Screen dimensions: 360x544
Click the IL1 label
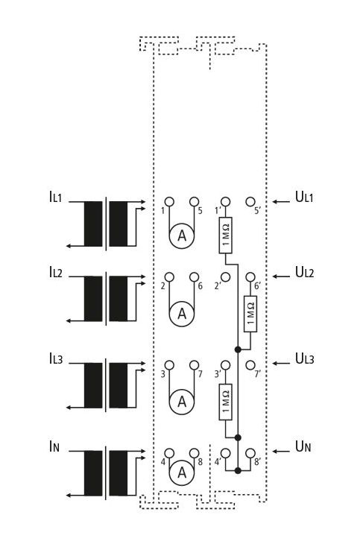click(56, 197)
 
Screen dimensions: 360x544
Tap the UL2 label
click(304, 272)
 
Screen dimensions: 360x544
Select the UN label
click(303, 446)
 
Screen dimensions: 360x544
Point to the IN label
click(54, 446)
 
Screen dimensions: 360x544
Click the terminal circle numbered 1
click(169, 201)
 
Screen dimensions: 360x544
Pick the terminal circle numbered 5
click(194, 201)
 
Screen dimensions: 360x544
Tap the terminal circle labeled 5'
click(250, 201)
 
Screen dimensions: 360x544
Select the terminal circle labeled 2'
click(225, 277)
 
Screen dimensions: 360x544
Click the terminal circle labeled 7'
click(250, 365)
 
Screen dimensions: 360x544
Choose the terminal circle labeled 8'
click(250, 453)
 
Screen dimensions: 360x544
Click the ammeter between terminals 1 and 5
click(182, 236)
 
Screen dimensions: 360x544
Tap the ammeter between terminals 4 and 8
click(182, 472)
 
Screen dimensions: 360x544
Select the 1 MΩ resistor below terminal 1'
click(225, 235)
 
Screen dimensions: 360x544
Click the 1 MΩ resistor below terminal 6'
click(250, 314)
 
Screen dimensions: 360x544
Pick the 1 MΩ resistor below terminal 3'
click(225, 402)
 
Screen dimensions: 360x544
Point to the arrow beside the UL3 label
click(281, 363)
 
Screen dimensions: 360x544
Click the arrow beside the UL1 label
click(281, 201)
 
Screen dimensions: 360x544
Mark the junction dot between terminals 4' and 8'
click(238, 470)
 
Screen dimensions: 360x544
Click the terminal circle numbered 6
click(194, 277)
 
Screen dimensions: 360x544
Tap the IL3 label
click(56, 358)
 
